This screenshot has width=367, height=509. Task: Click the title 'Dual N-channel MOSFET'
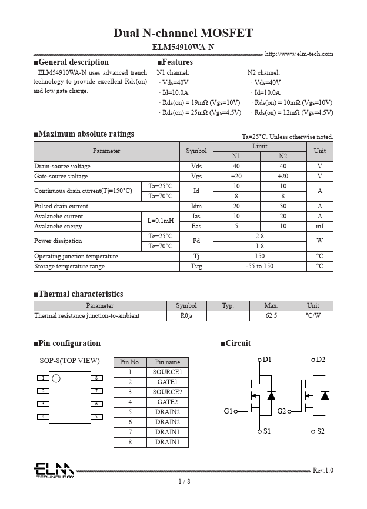coord(183,33)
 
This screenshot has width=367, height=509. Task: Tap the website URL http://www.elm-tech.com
coord(299,54)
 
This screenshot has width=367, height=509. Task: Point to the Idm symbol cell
coord(196,207)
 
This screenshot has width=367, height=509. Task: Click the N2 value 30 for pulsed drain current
coord(283,207)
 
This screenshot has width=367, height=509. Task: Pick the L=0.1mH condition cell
coord(161,221)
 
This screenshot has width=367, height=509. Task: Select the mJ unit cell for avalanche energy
coord(319,227)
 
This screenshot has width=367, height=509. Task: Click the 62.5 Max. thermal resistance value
coord(271,316)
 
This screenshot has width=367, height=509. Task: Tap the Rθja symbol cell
coord(186,316)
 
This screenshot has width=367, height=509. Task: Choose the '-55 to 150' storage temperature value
coord(259,267)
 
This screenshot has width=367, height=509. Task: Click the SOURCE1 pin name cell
coord(168,372)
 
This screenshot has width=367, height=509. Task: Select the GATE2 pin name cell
coord(168,402)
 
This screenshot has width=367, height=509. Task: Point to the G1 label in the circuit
coord(228,411)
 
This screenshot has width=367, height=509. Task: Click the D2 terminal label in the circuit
coord(321,360)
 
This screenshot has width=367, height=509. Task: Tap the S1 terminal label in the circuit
coord(267,431)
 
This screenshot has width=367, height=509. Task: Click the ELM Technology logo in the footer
coord(54,470)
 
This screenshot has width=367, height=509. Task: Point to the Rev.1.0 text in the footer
coord(323,470)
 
